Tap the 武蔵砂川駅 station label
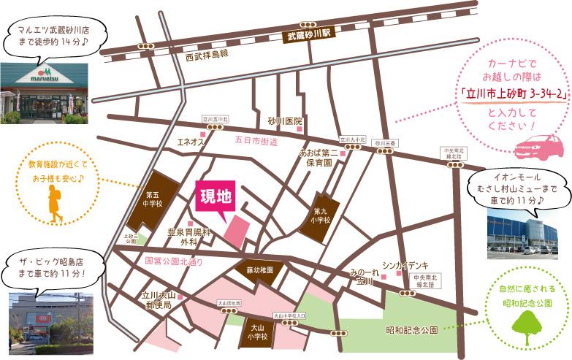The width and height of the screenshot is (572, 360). click(x=309, y=34)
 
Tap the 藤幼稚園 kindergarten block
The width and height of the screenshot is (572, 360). click(x=259, y=269)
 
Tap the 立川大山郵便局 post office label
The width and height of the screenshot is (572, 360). click(x=156, y=300)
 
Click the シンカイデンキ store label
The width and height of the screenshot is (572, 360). click(x=405, y=265)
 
